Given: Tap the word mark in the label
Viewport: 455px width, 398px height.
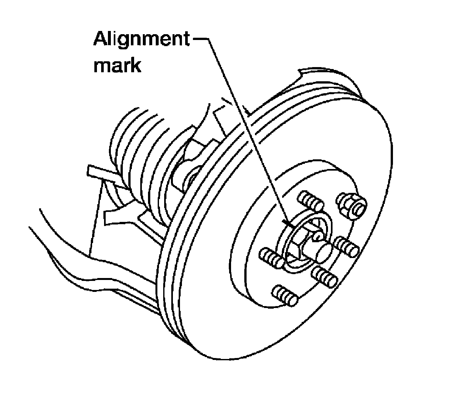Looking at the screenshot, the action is click(x=117, y=65).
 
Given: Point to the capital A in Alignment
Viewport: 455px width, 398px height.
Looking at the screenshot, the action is click(x=101, y=39).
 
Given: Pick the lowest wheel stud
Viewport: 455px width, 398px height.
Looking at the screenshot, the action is click(x=284, y=295).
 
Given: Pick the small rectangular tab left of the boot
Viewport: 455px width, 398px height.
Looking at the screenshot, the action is click(x=96, y=171).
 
